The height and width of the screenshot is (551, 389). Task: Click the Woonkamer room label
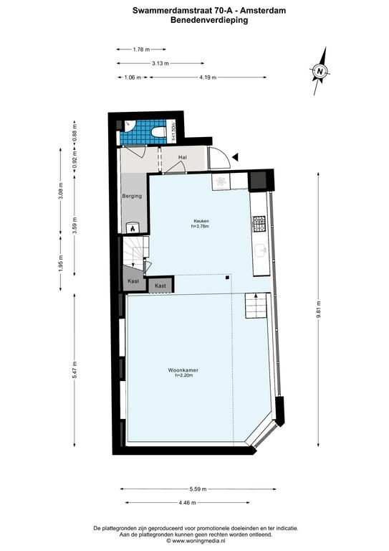tap(183, 370)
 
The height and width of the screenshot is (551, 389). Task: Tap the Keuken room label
tap(201, 221)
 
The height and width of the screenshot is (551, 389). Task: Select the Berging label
tap(132, 196)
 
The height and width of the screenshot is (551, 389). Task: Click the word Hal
tap(183, 157)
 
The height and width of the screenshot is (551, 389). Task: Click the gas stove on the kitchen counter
tap(259, 224)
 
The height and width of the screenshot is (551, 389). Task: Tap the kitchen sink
tap(260, 250)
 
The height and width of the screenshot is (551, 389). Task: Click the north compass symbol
tap(320, 71)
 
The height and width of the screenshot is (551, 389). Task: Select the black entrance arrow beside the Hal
tap(235, 157)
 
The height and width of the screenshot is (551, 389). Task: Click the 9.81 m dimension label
tap(318, 310)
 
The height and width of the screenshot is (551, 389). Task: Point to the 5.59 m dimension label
tap(198, 489)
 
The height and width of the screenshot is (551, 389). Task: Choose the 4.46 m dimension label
tap(187, 503)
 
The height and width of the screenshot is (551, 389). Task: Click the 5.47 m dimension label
tap(75, 369)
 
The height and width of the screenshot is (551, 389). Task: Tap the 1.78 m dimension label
tap(141, 50)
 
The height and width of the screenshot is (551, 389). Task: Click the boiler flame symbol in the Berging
tap(133, 229)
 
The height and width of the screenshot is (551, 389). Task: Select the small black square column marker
tap(227, 278)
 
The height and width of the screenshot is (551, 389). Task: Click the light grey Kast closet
tap(160, 286)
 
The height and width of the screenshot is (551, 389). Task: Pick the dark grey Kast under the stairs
tap(133, 278)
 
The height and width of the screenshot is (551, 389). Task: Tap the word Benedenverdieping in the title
tap(209, 20)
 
